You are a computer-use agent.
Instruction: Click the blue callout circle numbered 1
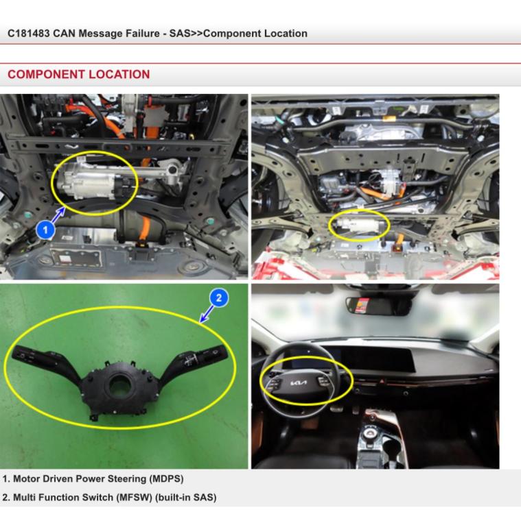point(45,230)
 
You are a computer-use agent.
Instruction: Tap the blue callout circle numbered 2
point(219,297)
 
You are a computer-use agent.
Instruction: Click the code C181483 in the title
point(29,34)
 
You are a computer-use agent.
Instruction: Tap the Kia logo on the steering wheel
point(299,383)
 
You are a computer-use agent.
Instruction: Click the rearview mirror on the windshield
point(378,306)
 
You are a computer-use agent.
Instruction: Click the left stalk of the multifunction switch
point(45,363)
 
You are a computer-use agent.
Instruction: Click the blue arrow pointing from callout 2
point(207,315)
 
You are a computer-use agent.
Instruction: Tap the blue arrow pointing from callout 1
point(58,215)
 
